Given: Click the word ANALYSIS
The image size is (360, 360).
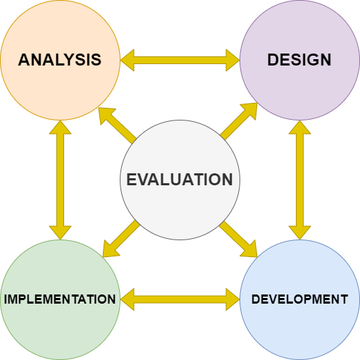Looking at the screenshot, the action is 60,60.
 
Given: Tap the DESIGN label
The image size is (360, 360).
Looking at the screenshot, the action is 299,60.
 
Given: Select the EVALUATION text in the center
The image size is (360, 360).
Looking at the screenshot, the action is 180,180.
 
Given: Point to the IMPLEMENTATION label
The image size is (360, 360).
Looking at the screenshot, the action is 60,299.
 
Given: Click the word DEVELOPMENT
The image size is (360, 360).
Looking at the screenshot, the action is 299,299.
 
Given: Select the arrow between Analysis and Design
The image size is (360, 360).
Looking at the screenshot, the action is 180,60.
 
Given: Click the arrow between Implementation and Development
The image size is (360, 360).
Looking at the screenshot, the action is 180,299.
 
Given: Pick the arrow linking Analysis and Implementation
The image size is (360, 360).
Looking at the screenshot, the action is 60,180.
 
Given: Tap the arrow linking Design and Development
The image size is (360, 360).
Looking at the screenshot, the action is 299,180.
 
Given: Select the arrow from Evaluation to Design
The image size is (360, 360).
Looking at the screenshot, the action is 240,120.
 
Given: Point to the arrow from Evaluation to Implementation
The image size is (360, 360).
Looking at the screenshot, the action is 120,239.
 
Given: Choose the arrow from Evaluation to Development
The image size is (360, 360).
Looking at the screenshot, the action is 239,239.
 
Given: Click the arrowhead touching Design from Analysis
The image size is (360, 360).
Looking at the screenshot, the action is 232,60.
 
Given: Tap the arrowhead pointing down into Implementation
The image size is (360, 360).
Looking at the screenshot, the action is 60,232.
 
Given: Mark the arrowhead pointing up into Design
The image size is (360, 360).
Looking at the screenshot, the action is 299,128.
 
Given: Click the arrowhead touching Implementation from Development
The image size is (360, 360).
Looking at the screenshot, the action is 128,299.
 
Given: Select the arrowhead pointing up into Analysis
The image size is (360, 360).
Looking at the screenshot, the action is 60,128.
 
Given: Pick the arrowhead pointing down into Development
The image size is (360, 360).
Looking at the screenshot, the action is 299,232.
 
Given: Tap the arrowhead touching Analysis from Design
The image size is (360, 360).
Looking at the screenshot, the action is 128,60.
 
